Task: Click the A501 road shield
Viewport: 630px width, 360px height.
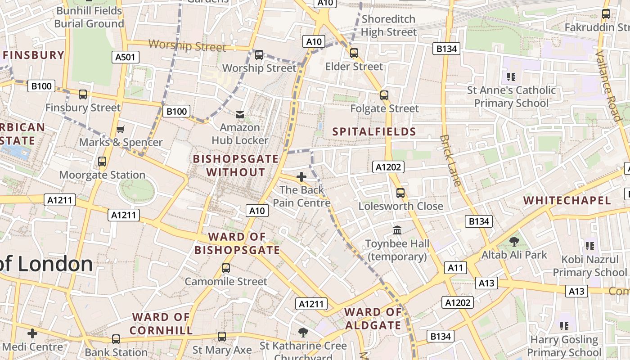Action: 126,57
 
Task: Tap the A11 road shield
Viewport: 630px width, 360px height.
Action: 455,268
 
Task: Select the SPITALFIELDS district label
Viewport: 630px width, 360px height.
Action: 374,132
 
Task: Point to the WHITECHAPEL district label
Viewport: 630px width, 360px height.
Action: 567,201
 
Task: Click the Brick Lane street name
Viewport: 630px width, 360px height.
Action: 450,160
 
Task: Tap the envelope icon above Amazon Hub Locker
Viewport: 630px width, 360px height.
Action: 240,115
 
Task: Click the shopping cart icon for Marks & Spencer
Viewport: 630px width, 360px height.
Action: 120,130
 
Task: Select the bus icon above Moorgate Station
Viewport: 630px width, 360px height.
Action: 102,162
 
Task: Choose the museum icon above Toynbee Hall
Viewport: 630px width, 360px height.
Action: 397,230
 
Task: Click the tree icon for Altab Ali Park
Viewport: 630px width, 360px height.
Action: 514,242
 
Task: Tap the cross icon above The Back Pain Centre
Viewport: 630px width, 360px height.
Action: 301,177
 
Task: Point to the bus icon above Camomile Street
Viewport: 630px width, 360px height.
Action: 226,268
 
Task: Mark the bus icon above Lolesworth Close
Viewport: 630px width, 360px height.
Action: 400,193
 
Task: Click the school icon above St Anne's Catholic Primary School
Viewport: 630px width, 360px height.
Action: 511,77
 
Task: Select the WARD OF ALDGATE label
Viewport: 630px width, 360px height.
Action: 373,319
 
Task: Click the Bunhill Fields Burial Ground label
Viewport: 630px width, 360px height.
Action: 89,17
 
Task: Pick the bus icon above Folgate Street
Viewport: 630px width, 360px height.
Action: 384,95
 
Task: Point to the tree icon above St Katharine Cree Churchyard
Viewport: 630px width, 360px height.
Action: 303,333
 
